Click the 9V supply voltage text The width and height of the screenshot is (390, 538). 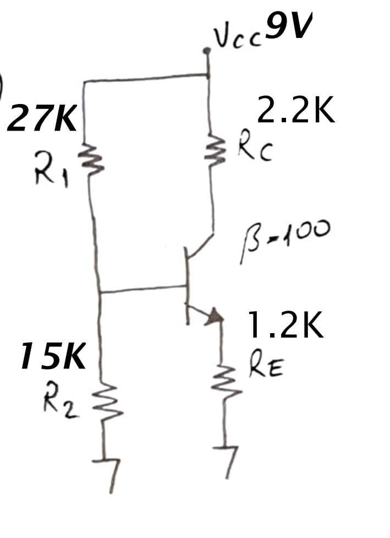288,28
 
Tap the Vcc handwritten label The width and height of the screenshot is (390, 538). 233,37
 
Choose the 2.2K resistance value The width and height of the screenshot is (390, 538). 295,112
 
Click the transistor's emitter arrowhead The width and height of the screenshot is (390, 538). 216,316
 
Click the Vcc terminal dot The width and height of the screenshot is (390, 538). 207,51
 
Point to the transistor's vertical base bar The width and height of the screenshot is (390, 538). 186,284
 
